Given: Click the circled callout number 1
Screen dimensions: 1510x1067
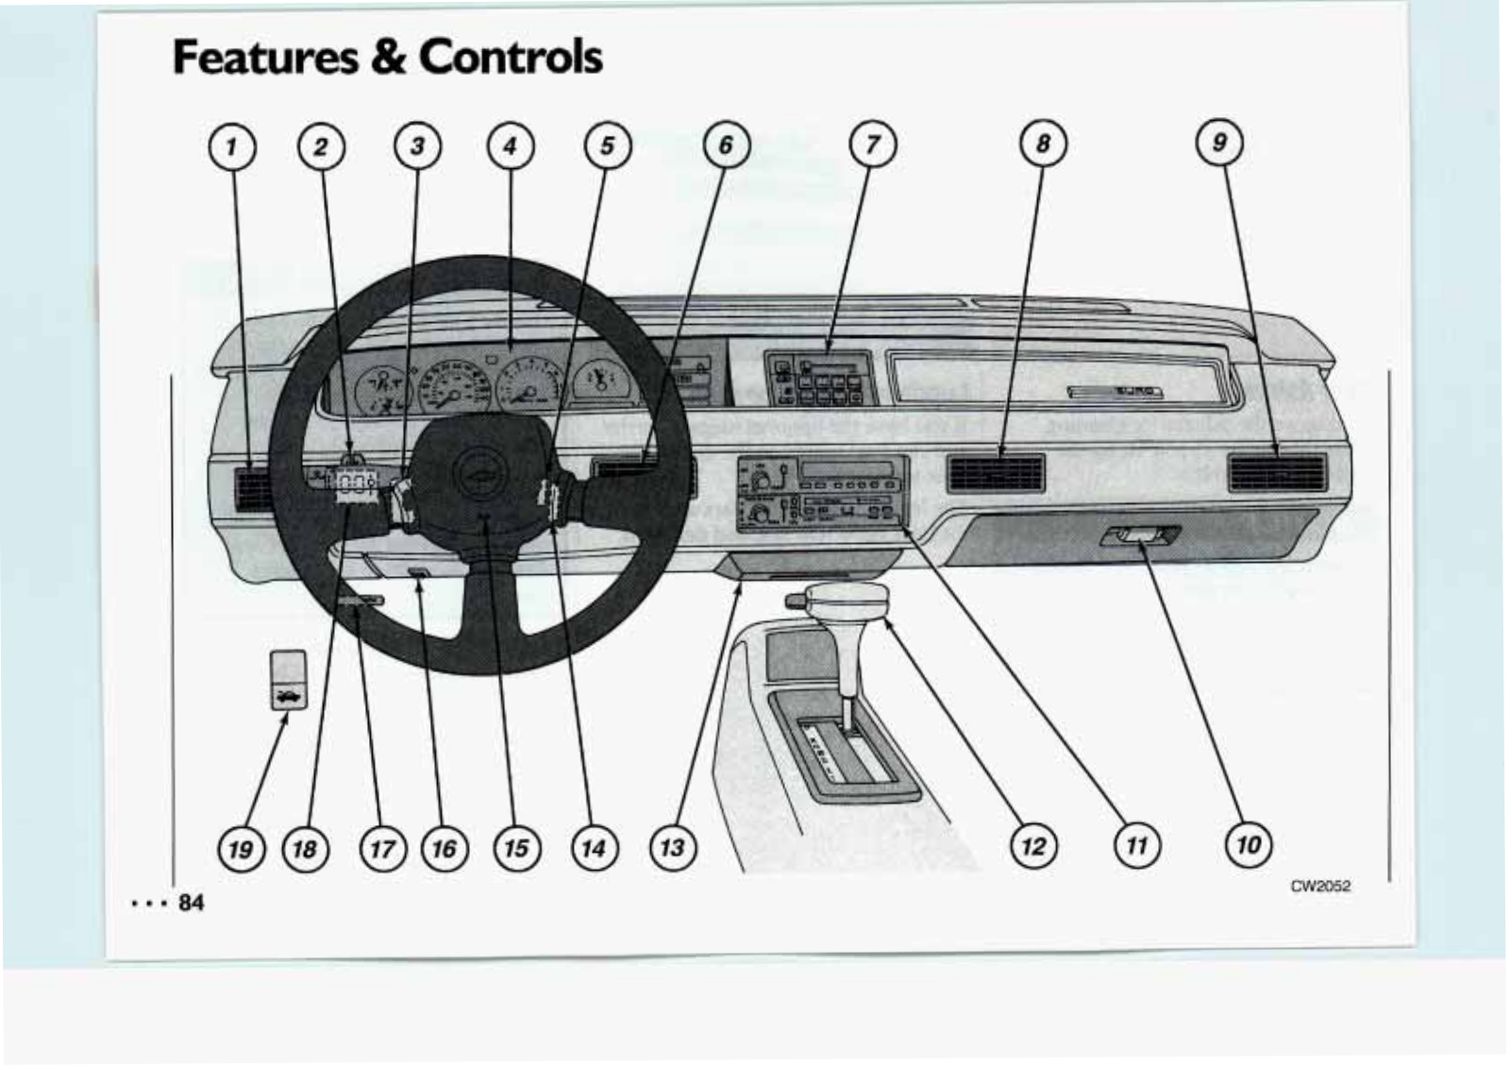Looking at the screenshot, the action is (230, 147).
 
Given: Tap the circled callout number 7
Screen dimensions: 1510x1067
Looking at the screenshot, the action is (872, 144).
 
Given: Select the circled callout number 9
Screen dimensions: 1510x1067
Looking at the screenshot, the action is (1219, 143).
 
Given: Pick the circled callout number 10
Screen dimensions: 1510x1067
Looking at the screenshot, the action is (1248, 843).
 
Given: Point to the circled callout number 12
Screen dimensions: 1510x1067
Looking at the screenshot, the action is (1033, 845).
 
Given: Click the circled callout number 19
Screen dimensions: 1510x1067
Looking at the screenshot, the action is (241, 849).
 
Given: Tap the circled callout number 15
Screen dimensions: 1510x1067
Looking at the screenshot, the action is (516, 848).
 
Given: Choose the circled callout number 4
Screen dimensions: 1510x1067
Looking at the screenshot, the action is (511, 146).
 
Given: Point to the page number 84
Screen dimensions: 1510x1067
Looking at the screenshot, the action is (191, 903).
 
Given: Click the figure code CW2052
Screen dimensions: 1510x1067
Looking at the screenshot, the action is (1320, 886).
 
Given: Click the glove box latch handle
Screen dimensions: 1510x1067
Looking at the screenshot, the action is (1140, 536).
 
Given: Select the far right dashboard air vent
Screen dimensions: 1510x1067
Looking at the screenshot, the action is (1277, 472).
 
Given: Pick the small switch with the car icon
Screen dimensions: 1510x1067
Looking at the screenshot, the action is (288, 680).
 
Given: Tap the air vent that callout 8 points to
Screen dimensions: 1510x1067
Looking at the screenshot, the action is (996, 472).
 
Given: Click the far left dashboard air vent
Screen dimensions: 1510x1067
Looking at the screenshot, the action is (251, 486).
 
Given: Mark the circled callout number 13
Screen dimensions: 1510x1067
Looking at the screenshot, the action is (671, 847).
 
